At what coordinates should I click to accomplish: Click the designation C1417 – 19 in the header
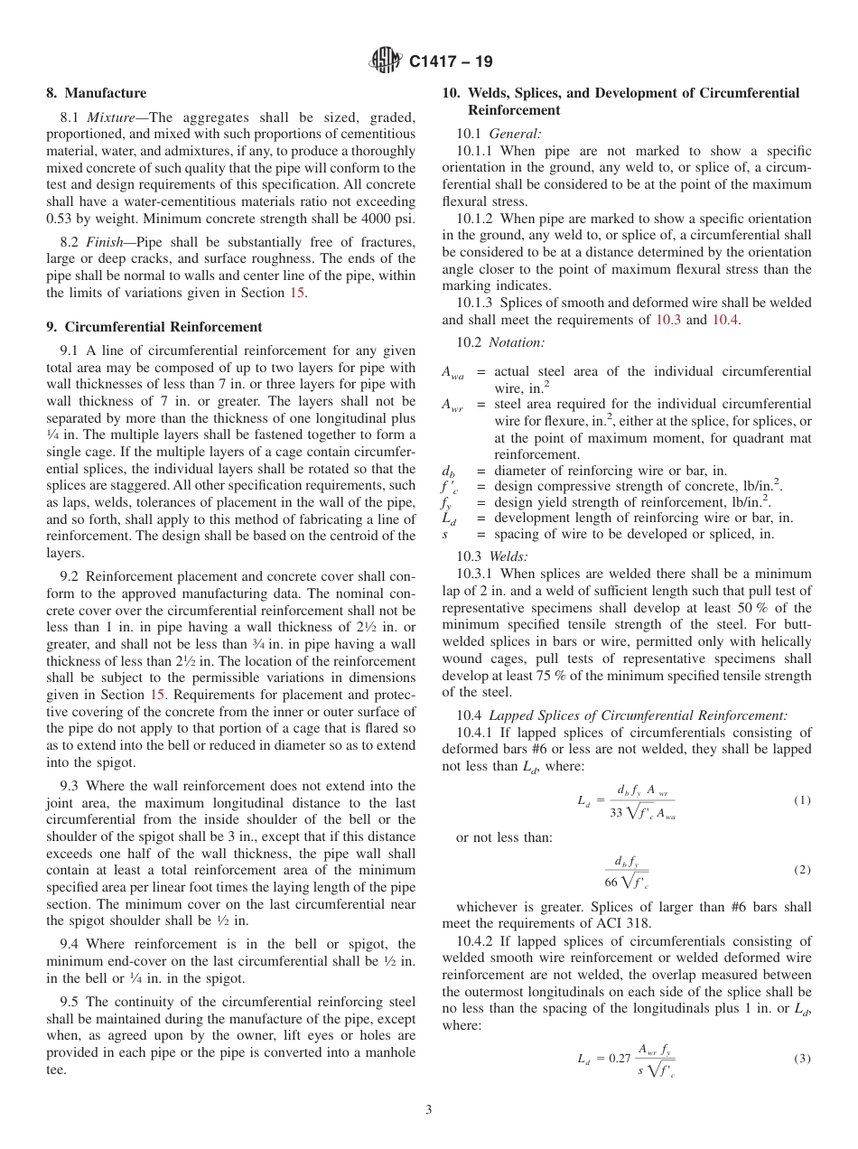coord(451,62)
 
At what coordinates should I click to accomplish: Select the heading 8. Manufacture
coord(96,93)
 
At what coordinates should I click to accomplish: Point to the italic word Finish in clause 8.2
coord(106,243)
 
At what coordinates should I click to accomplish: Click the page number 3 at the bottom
coord(429,1110)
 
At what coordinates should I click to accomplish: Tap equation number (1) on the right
coord(802,800)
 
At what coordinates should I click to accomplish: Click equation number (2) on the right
coord(802,870)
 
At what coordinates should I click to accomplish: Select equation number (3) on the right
coord(802,1058)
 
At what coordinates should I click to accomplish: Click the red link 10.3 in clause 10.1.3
coord(669,320)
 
